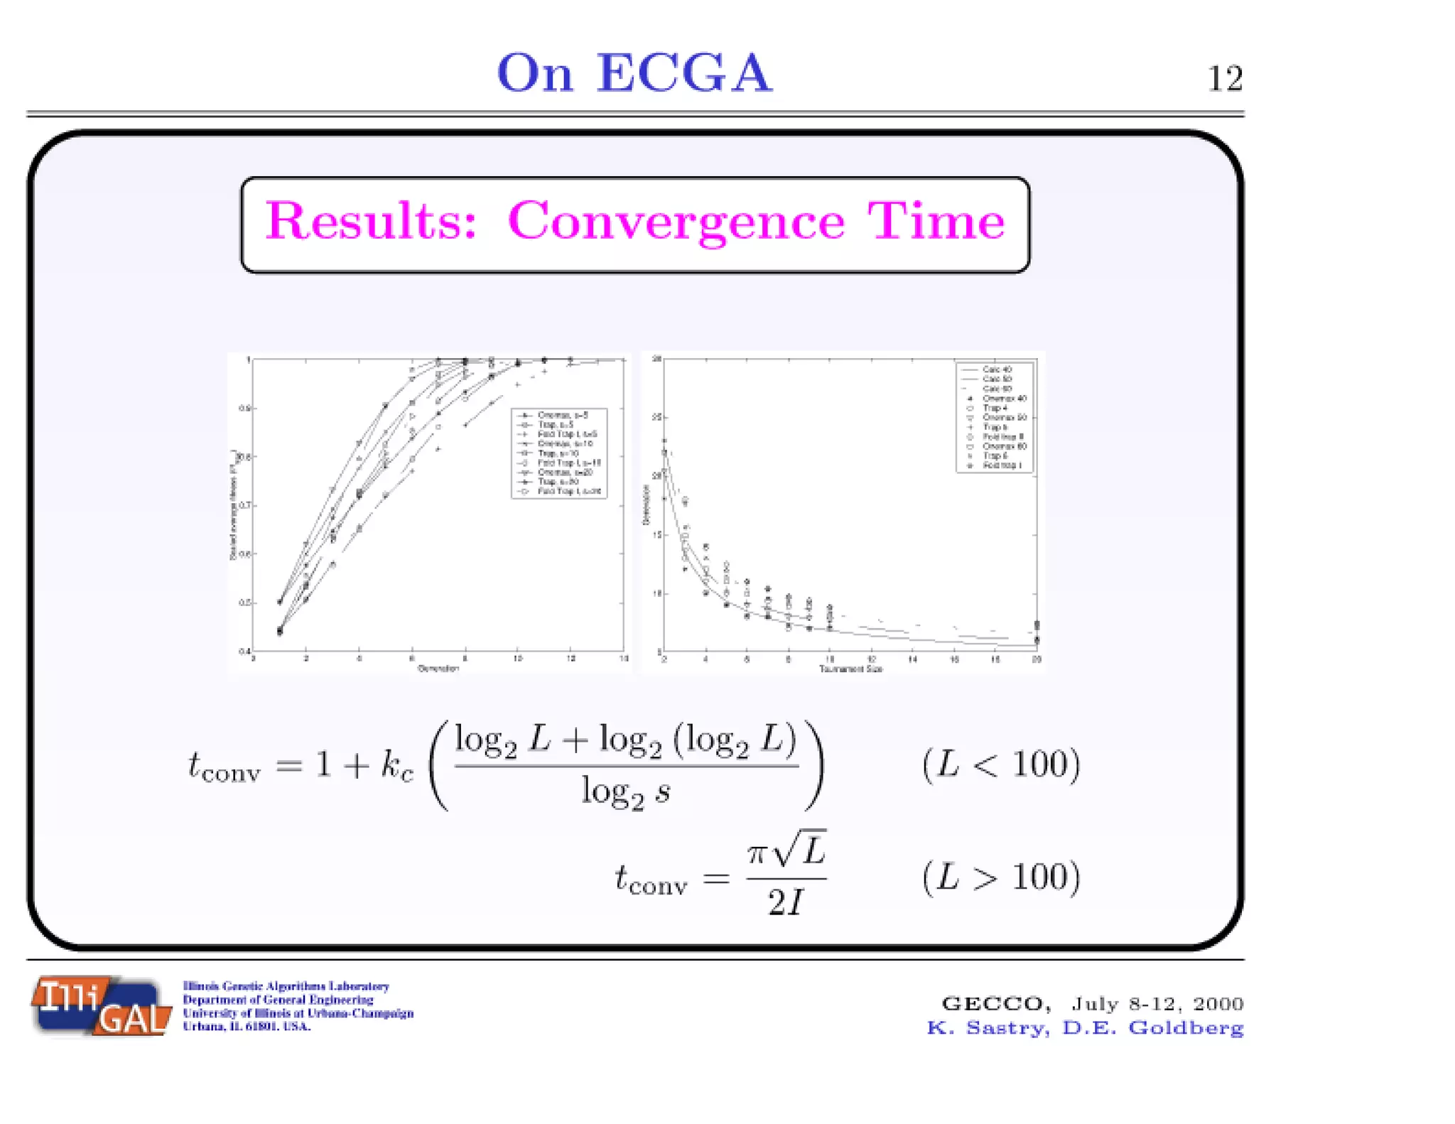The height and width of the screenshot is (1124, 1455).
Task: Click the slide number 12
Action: (1224, 79)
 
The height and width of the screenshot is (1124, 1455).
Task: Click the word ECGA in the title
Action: (683, 73)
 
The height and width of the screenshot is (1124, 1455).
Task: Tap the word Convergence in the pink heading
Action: (676, 222)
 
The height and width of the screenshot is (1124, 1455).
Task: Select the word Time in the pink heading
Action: (936, 222)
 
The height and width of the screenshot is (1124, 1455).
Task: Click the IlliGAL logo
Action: (101, 1005)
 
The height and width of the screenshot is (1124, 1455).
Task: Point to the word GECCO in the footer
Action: (995, 1003)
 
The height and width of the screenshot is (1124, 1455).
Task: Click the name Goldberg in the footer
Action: (1186, 1028)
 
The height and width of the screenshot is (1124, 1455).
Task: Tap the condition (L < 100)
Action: (1001, 765)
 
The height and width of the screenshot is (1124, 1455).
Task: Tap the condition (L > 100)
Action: (1001, 877)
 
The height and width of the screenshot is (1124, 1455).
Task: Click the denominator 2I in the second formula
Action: (786, 903)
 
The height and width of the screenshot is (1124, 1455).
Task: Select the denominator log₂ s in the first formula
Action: (625, 791)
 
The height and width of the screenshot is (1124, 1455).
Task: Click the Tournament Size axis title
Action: (850, 669)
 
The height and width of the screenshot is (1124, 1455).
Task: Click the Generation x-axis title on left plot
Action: (438, 669)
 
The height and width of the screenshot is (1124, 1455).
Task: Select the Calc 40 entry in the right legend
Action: (996, 369)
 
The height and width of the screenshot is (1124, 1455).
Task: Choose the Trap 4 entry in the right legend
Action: (995, 408)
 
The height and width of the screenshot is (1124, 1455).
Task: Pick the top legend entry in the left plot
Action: (562, 415)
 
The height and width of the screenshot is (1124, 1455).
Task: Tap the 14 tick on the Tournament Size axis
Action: (913, 660)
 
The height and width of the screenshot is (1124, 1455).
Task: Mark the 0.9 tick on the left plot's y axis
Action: (244, 409)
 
